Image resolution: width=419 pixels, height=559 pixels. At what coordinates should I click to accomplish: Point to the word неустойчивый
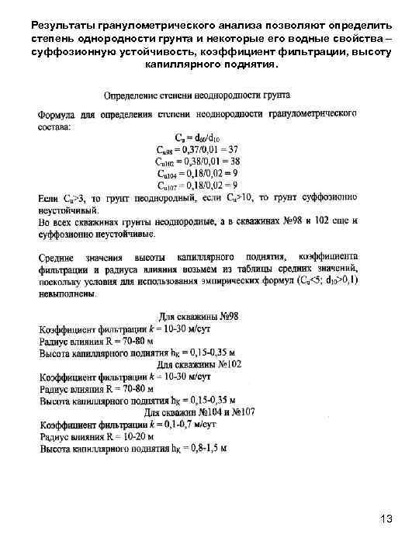(69, 210)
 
